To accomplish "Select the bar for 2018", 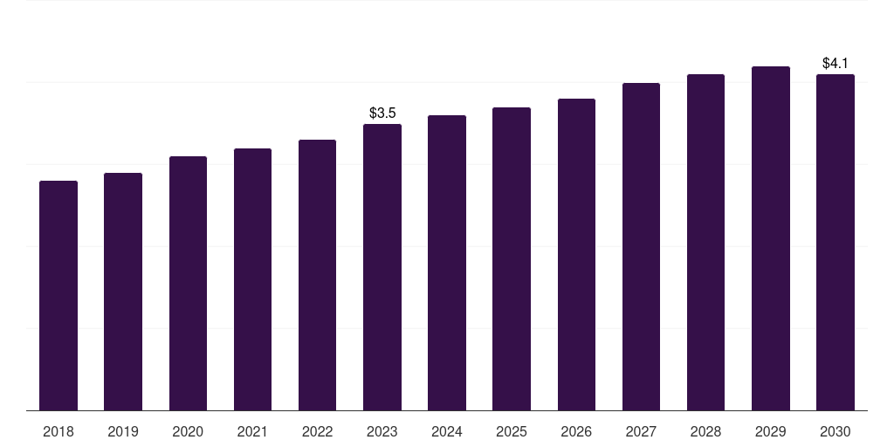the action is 58,295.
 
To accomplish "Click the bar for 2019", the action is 123,292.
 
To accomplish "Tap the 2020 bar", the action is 188,284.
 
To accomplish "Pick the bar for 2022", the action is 317,275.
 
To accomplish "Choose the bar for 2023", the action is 382,267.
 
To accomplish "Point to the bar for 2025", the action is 512,258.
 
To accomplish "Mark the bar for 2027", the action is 641,247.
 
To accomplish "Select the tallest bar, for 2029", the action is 771,238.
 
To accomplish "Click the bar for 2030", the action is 836,243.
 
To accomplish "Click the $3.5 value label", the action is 382,113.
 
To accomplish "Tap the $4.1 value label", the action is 836,63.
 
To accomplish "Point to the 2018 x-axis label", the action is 58,432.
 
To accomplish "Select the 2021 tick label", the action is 252,432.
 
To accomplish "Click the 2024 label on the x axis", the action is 446,432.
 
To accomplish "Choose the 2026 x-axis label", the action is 576,432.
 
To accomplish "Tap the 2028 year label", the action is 705,432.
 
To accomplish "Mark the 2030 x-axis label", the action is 836,432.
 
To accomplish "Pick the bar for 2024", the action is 447,263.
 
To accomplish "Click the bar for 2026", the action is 576,255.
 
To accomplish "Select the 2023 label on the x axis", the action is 382,432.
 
